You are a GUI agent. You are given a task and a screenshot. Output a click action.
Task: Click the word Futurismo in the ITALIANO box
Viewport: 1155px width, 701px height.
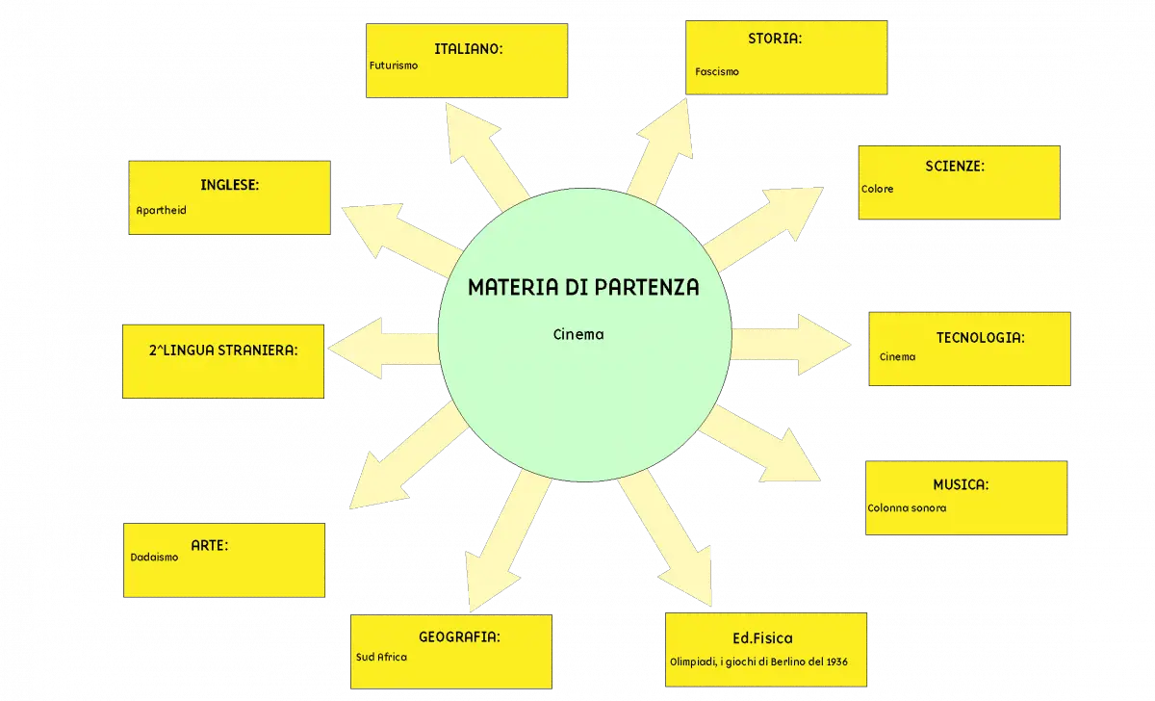[394, 65]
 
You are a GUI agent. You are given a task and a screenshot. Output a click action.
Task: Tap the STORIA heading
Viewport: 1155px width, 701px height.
[775, 39]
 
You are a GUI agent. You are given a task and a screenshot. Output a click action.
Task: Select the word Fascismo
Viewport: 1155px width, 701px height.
[717, 71]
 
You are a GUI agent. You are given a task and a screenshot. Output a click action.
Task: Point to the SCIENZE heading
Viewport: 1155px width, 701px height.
[955, 166]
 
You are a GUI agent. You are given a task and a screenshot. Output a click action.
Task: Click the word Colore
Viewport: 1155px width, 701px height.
[877, 189]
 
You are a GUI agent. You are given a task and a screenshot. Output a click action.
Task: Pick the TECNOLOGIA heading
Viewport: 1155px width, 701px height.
[980, 338]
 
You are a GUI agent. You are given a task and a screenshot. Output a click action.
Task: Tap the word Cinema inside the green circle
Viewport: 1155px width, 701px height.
[578, 334]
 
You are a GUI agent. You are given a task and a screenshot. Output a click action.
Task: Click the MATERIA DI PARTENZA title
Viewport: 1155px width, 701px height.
[583, 287]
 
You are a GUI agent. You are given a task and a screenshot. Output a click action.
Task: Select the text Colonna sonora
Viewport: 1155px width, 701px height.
[907, 508]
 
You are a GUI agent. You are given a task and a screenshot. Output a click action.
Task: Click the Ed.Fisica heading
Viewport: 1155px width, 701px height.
[762, 638]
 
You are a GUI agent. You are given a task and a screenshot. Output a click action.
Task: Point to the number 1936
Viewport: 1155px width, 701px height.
[836, 662]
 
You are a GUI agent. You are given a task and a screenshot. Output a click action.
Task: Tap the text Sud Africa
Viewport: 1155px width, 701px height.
[381, 657]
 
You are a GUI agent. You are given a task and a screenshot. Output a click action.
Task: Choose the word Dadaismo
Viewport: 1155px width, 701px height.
[154, 558]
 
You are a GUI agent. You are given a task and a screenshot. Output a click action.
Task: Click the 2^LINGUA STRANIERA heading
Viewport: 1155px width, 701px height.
[223, 350]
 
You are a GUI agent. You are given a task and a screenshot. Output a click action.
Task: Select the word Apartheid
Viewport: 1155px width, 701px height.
[161, 211]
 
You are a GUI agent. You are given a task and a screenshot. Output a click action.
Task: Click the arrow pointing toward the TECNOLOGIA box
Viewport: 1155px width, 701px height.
[791, 345]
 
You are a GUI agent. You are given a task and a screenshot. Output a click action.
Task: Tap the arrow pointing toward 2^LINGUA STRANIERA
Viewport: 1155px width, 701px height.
[384, 349]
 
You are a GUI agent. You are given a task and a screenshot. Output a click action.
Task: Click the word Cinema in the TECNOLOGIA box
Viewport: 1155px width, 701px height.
[897, 357]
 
